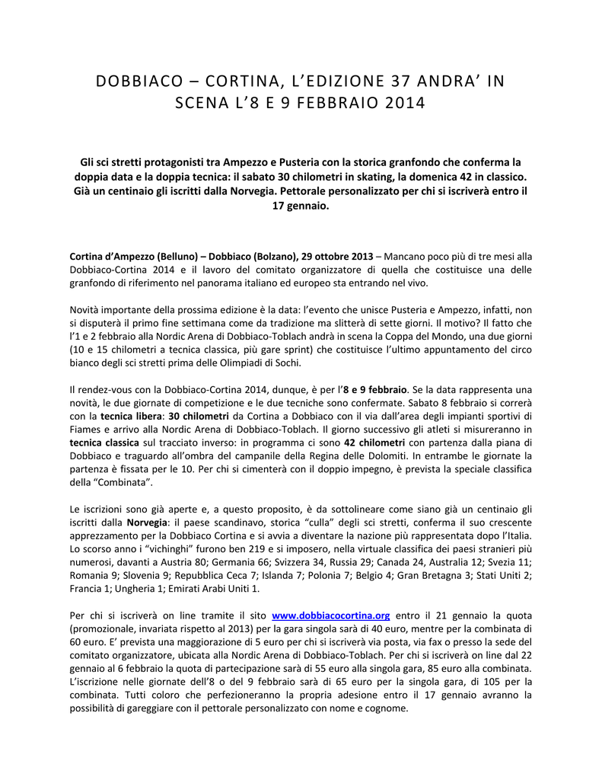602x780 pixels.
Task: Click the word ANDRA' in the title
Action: coord(439,82)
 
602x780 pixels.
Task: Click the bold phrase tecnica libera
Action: coord(131,416)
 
